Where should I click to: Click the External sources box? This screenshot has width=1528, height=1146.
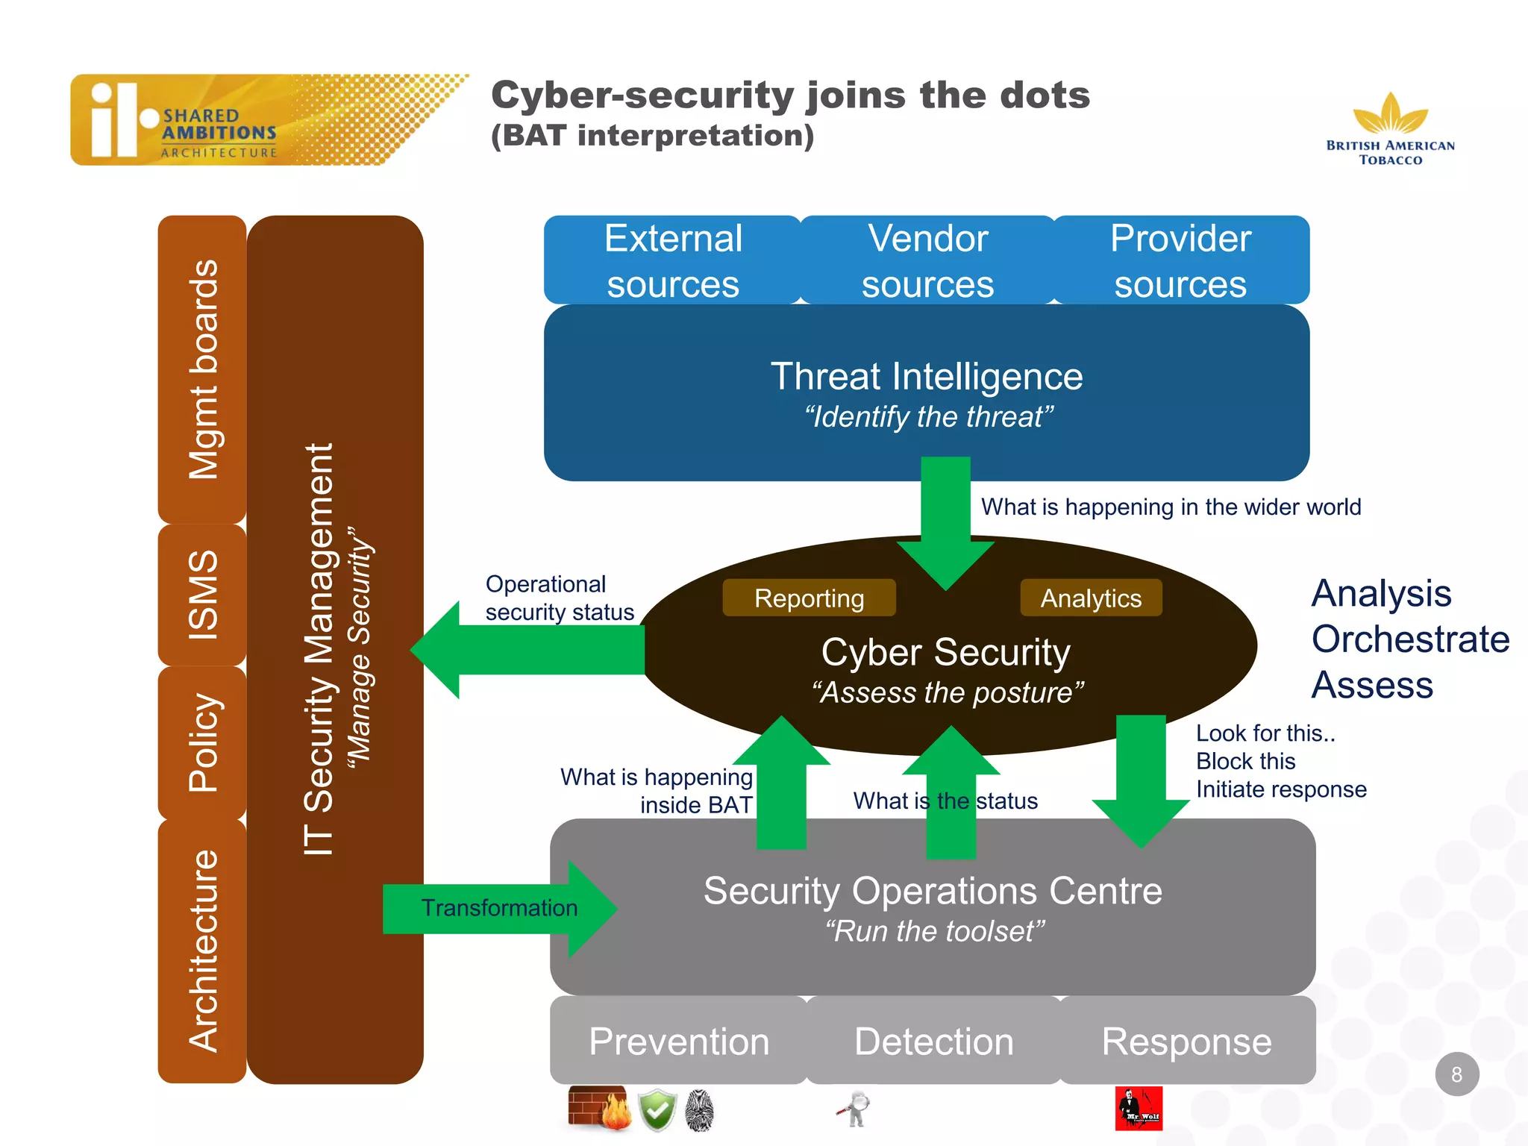(x=672, y=260)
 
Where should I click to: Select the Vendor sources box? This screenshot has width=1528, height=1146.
(x=927, y=260)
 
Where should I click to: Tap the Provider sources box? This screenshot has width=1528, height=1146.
(x=1180, y=260)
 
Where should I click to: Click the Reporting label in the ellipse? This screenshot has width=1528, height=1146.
(x=809, y=598)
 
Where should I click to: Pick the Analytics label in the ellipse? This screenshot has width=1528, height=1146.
(x=1091, y=598)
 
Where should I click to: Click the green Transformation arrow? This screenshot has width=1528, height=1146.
(x=498, y=908)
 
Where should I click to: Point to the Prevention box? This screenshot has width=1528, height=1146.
(x=678, y=1041)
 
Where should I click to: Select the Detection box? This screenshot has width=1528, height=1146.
(x=933, y=1041)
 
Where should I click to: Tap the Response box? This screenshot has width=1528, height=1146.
(x=1186, y=1041)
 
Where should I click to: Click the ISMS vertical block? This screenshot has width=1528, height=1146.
(x=202, y=595)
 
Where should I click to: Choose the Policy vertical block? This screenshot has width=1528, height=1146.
(x=202, y=742)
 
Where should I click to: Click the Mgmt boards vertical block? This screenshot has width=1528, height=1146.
(x=202, y=369)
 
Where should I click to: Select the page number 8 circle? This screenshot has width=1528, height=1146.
(x=1456, y=1074)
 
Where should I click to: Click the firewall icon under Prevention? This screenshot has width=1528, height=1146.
(x=597, y=1108)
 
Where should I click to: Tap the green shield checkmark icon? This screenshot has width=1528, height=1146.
(x=657, y=1110)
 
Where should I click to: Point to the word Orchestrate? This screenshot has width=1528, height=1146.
(x=1410, y=639)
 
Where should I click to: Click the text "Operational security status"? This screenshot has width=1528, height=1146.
(x=559, y=598)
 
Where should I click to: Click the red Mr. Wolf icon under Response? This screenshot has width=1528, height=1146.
(x=1139, y=1108)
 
